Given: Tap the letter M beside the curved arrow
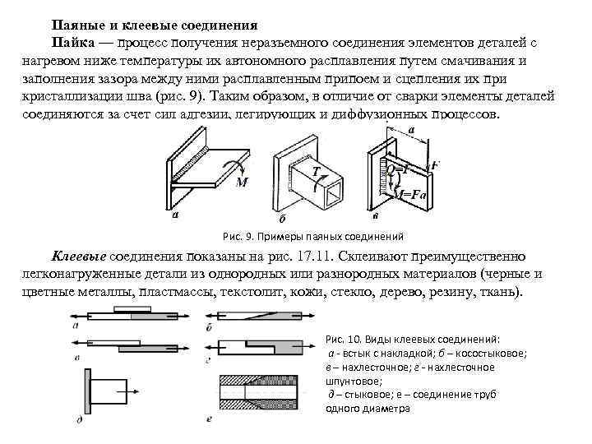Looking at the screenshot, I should [x=242, y=182].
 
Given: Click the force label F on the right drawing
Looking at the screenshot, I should [x=435, y=164].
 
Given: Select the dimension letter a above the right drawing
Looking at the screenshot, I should [x=411, y=131].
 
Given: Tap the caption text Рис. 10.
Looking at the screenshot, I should [x=346, y=339].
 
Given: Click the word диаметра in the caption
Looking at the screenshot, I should [x=381, y=409].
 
